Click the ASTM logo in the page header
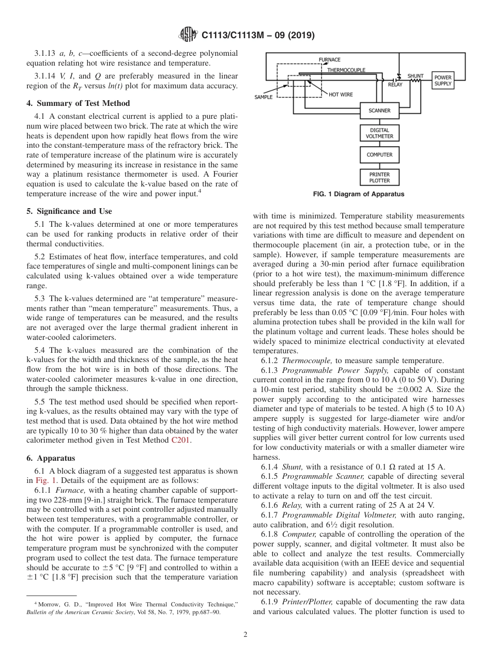[187, 35]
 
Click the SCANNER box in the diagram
[379, 111]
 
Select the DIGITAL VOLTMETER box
[379, 133]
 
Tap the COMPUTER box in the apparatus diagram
[379, 155]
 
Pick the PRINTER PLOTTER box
[379, 178]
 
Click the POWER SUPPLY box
[442, 81]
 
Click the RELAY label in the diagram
[395, 85]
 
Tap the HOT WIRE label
[341, 95]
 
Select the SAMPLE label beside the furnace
[264, 97]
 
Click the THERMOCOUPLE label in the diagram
[346, 70]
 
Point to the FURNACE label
[329, 60]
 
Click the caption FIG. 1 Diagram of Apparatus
[359, 195]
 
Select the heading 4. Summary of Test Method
[78, 103]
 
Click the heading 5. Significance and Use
[69, 211]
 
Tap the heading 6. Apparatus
[51, 458]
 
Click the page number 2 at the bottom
[245, 635]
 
